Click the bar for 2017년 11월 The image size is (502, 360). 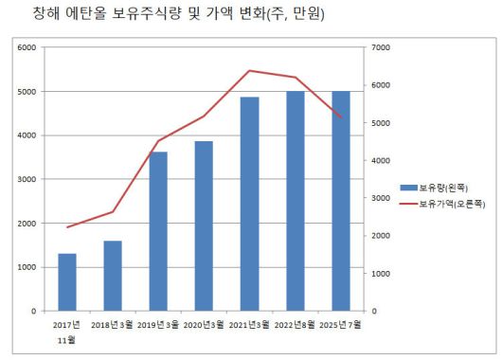tap(66, 282)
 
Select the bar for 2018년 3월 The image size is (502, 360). tap(113, 276)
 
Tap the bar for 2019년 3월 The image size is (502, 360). tap(158, 231)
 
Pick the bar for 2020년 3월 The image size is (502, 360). tap(204, 225)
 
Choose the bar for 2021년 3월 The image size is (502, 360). tap(249, 204)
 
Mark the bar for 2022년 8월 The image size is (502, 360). tap(295, 201)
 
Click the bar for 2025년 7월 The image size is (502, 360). tap(340, 201)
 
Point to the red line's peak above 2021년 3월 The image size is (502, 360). tap(249, 70)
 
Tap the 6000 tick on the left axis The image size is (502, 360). tap(27, 47)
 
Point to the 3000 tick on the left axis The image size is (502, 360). tap(27, 179)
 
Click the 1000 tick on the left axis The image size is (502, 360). tap(27, 267)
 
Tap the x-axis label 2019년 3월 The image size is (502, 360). tap(158, 325)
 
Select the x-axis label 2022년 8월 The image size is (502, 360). tap(295, 325)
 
